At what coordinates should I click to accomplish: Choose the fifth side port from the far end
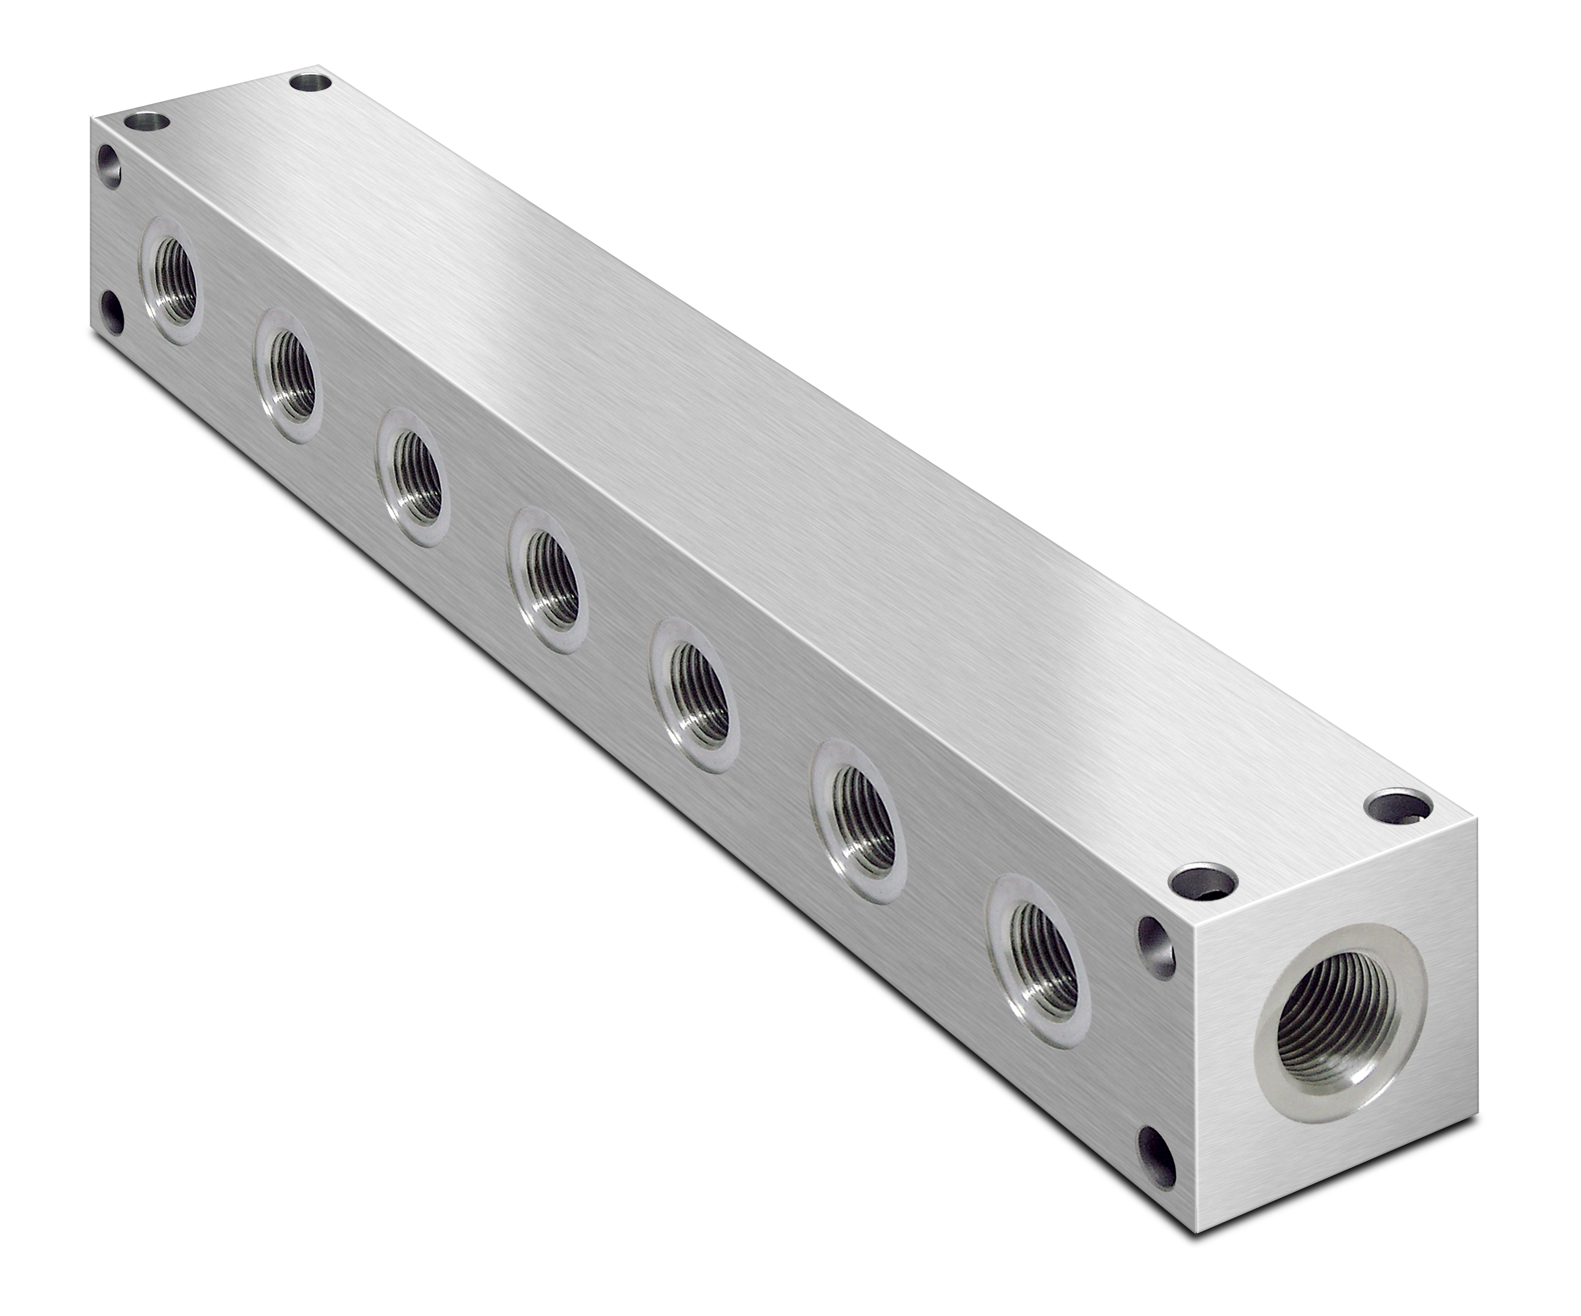(x=695, y=693)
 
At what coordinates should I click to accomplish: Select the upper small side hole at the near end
(x=1157, y=945)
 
